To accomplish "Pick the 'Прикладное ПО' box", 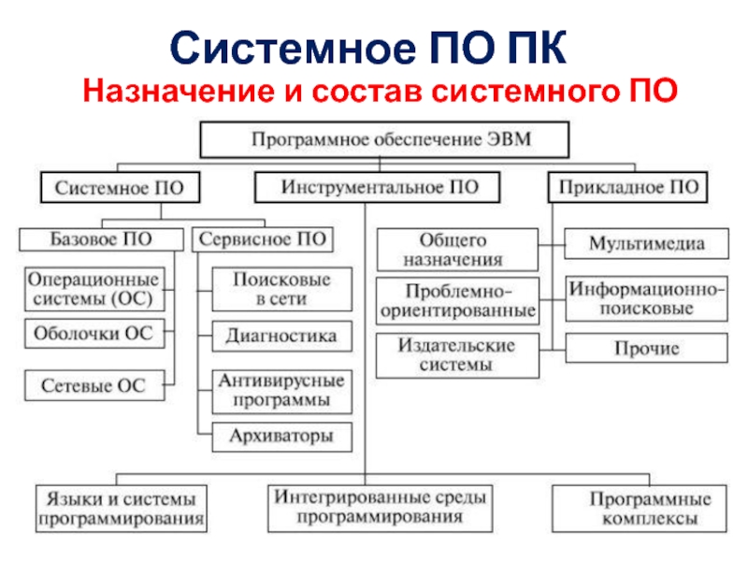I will pos(627,187).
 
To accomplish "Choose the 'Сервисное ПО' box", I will pos(263,239).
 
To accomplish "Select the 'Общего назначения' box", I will pos(458,250).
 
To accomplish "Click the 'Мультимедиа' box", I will pos(646,244).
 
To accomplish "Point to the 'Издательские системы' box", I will pos(458,355).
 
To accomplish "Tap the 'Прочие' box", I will pos(646,349).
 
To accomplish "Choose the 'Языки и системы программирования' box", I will pos(121,506).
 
